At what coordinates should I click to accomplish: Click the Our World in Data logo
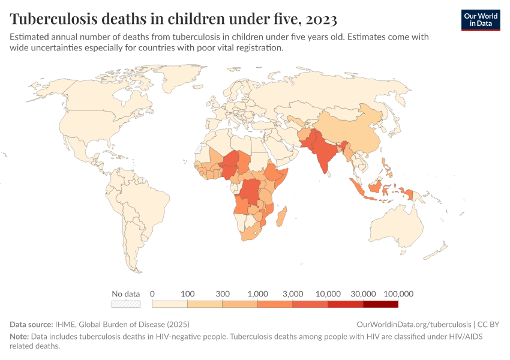point(481,20)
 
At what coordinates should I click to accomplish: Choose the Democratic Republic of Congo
point(251,191)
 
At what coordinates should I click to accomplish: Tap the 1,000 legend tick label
point(257,294)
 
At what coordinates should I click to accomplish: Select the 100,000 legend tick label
point(398,294)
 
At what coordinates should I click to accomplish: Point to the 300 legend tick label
point(223,294)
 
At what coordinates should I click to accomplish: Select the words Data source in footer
point(31,324)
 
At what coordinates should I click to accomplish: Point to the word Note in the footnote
point(19,337)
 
